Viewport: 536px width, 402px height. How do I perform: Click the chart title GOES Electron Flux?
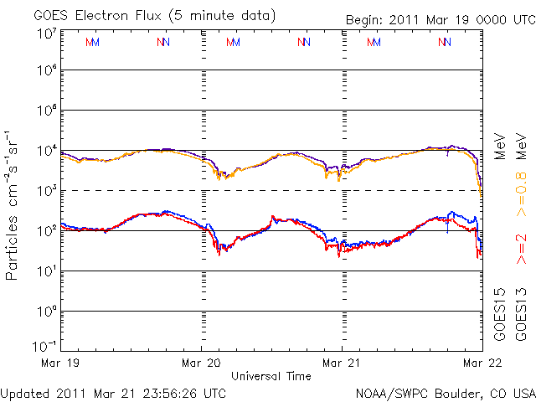point(97,16)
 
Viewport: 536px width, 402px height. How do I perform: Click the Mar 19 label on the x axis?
point(60,363)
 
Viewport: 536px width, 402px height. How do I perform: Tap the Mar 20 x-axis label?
point(201,363)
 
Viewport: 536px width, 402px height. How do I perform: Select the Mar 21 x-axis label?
point(342,363)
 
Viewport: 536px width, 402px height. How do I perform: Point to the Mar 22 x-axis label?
point(482,363)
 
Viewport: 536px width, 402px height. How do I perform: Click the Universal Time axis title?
point(271,376)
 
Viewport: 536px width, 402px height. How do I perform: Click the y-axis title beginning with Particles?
point(11,205)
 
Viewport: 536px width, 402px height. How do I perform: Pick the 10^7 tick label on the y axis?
point(47,34)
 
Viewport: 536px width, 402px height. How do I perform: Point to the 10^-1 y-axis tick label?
point(44,346)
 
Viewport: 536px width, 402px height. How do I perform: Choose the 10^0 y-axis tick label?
point(47,312)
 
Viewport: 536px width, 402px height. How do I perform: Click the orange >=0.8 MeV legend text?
point(521,175)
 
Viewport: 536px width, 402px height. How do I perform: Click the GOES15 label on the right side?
point(500,315)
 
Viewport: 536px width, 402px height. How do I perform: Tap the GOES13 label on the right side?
point(521,315)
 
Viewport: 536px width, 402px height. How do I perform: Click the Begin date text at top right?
point(441,20)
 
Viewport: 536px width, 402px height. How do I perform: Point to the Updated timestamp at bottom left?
point(113,394)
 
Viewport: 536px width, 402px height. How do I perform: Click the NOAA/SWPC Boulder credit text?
point(446,394)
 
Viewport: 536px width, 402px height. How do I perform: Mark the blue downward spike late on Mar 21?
point(447,224)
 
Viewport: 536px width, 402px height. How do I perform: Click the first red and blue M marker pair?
point(92,43)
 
